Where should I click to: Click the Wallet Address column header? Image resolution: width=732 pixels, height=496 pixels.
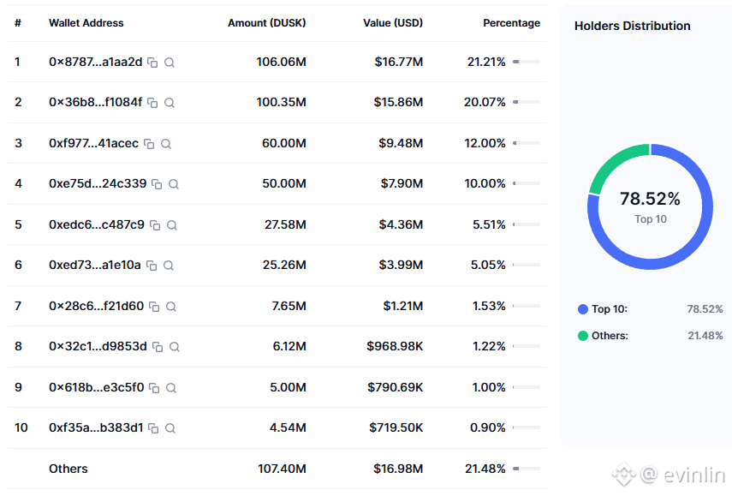(x=86, y=23)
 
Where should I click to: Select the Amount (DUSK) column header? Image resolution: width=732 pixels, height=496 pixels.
(x=266, y=23)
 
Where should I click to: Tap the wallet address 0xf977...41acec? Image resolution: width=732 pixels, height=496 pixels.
(x=93, y=143)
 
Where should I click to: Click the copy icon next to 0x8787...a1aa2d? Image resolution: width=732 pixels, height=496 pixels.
(x=152, y=63)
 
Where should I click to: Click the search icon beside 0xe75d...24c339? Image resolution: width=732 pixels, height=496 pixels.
(x=174, y=184)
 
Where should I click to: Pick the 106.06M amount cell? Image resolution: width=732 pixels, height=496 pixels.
(x=281, y=62)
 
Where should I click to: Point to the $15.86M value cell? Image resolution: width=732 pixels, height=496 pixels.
(x=398, y=102)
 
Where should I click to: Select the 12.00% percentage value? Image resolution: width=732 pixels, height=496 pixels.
(x=485, y=143)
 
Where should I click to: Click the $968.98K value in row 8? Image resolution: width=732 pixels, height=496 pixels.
(x=395, y=346)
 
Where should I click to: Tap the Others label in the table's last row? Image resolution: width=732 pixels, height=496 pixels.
(x=68, y=469)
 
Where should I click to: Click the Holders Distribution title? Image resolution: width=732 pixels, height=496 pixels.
(x=632, y=26)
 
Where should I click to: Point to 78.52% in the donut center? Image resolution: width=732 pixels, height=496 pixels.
(x=650, y=200)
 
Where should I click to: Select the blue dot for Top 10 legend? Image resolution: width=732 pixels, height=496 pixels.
(x=583, y=309)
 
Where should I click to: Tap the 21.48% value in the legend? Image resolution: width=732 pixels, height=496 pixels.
(x=705, y=336)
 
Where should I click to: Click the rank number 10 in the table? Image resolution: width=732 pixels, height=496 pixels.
(x=21, y=427)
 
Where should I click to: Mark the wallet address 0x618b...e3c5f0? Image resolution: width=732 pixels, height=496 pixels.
(x=96, y=387)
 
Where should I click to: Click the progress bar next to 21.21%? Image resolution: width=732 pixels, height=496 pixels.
(x=526, y=62)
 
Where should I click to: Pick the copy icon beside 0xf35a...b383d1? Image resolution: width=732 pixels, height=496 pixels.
(x=152, y=428)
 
